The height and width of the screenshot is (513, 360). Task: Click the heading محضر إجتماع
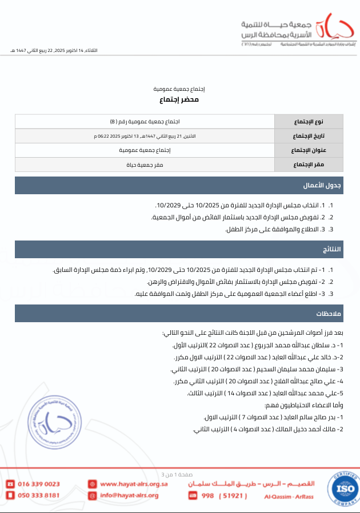pos(179,100)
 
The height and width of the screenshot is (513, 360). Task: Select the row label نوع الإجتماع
pos(309,122)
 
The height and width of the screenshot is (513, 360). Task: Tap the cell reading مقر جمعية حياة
pos(145,165)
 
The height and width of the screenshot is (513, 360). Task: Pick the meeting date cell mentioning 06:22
pos(145,136)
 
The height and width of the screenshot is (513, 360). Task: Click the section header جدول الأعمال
pos(329,186)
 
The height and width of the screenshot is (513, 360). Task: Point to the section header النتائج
pos(331,250)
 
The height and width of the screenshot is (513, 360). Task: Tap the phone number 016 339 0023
pos(39,484)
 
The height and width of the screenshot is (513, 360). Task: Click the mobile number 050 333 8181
pos(39,495)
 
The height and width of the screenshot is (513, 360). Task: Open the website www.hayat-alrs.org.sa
pos(134,484)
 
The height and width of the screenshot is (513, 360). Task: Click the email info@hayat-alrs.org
pos(129,495)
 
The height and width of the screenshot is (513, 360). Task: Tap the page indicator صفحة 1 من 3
pos(179,474)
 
